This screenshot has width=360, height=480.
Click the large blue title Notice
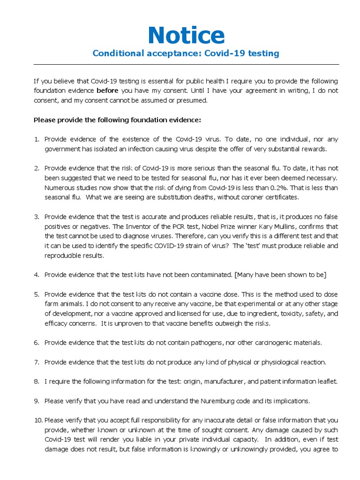186,35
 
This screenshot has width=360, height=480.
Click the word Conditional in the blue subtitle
115,53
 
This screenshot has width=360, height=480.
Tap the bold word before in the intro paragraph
107,90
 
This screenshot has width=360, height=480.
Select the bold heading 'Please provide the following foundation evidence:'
117,120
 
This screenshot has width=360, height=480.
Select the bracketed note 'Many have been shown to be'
281,275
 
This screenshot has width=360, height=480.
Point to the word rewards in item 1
313,149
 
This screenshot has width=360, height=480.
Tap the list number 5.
37,294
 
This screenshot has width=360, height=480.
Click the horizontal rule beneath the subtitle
186,65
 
